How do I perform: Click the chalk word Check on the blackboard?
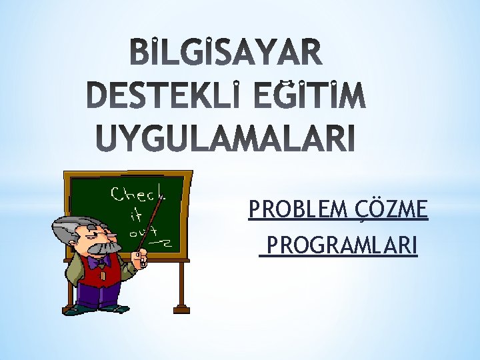point(139,195)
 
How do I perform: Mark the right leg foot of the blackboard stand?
point(180,299)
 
